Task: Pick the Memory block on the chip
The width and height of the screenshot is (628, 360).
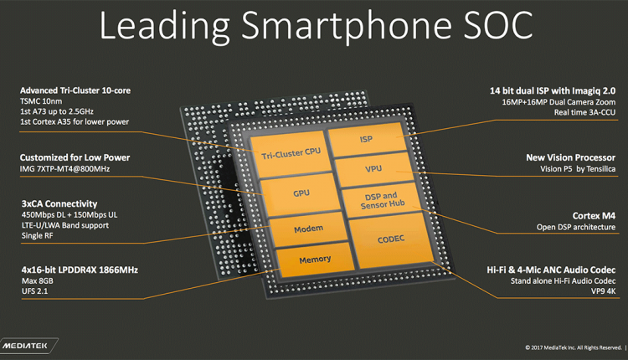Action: coord(315,259)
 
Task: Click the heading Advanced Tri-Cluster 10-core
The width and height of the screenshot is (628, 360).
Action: coord(75,90)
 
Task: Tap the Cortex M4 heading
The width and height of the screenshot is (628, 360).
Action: coord(590,215)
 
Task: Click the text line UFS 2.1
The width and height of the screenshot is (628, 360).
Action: coord(34,291)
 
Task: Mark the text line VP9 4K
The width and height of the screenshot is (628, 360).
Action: coord(599,291)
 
